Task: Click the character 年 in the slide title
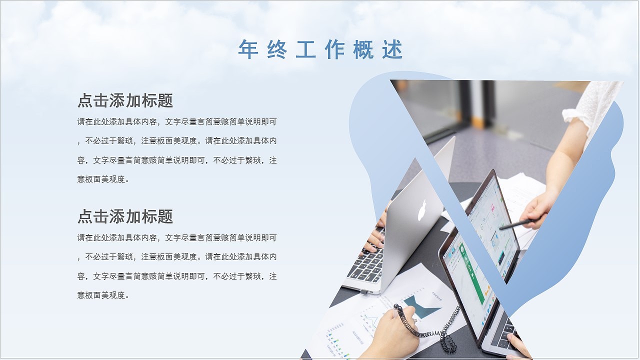coord(248,49)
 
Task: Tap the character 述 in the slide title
coord(393,49)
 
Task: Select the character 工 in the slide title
coord(305,49)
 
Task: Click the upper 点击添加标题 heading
coord(125,100)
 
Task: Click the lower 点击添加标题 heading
coord(125,216)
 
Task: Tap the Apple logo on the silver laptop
coord(423,210)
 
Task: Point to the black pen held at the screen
coord(515,224)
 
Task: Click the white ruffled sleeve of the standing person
coord(595,105)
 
